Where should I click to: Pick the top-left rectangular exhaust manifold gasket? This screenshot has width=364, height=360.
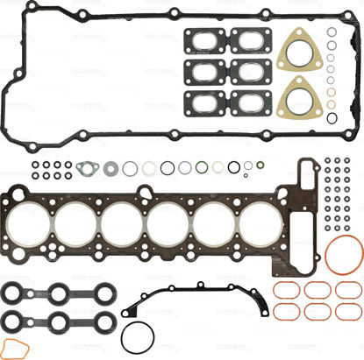(203, 39)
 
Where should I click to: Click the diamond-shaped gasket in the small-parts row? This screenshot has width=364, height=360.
(85, 167)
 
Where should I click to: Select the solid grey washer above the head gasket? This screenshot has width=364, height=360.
(111, 167)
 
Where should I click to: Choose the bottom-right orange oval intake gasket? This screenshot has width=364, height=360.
(346, 313)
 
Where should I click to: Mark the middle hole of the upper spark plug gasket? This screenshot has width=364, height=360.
(42, 293)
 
